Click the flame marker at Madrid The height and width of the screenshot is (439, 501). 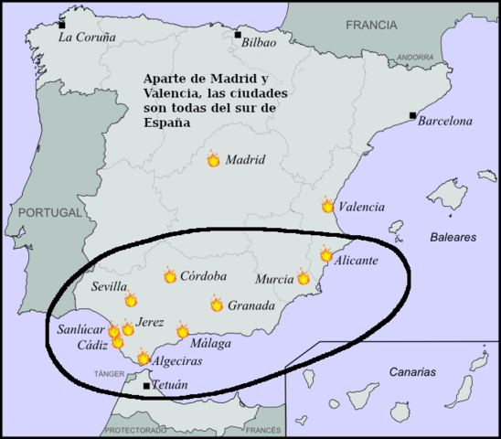click(213, 159)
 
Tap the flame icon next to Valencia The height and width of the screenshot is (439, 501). click(327, 206)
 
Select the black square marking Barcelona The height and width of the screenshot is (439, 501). click(413, 115)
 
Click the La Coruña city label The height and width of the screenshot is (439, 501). click(87, 37)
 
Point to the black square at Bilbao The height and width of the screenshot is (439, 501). click(238, 35)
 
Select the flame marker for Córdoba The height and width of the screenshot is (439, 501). click(169, 275)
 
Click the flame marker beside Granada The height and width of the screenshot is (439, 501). click(217, 305)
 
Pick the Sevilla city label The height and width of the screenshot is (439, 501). click(110, 286)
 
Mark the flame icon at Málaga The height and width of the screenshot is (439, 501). click(182, 331)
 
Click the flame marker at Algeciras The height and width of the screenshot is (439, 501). click(143, 359)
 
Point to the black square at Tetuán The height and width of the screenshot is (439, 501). click(146, 386)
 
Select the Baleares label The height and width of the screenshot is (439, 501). click(453, 237)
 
